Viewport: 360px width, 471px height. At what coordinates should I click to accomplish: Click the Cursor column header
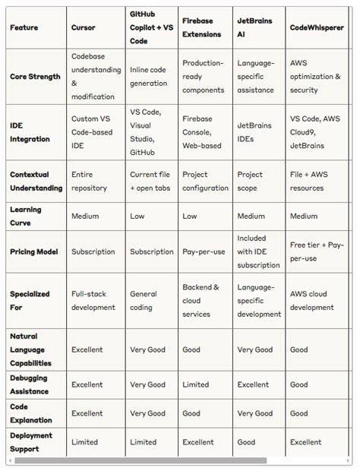click(83, 27)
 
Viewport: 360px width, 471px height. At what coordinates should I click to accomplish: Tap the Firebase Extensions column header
click(201, 27)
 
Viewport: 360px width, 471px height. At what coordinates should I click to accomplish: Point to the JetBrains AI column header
click(254, 27)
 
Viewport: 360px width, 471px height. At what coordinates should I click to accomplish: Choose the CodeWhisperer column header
click(316, 27)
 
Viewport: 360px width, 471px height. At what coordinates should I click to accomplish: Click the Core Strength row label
click(34, 77)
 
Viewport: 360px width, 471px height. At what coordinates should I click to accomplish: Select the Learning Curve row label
click(26, 216)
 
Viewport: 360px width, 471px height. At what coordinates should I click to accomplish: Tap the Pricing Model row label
click(33, 251)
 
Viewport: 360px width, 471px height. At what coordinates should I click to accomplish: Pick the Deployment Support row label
click(31, 441)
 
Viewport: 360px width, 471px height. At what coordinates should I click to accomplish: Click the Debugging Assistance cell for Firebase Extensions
click(195, 385)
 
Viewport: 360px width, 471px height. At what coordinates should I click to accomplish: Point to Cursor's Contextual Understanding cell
click(89, 181)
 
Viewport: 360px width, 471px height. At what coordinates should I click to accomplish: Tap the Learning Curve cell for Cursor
click(85, 216)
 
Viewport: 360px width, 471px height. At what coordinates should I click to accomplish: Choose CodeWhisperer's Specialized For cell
click(311, 301)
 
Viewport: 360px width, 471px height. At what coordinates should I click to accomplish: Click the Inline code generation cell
click(148, 77)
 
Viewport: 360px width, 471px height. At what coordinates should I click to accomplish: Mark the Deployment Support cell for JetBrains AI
click(246, 441)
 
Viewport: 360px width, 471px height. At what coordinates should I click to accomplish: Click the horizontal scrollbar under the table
click(141, 460)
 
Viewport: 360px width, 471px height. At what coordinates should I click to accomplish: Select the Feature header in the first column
click(24, 27)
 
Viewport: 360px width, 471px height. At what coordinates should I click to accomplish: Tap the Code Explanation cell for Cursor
click(87, 413)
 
